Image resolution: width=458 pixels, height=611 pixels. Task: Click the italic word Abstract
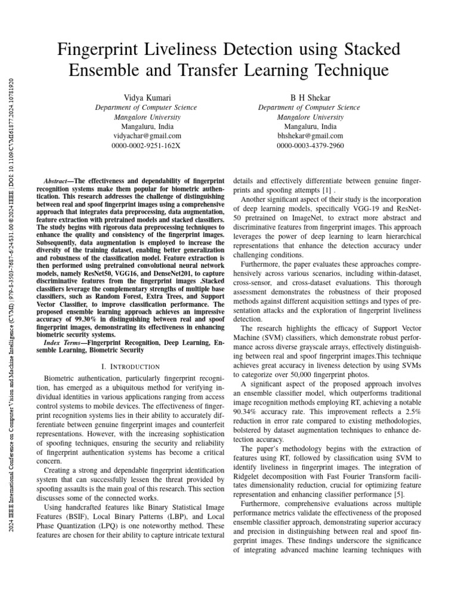58,180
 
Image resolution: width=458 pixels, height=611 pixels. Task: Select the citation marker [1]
327,189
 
